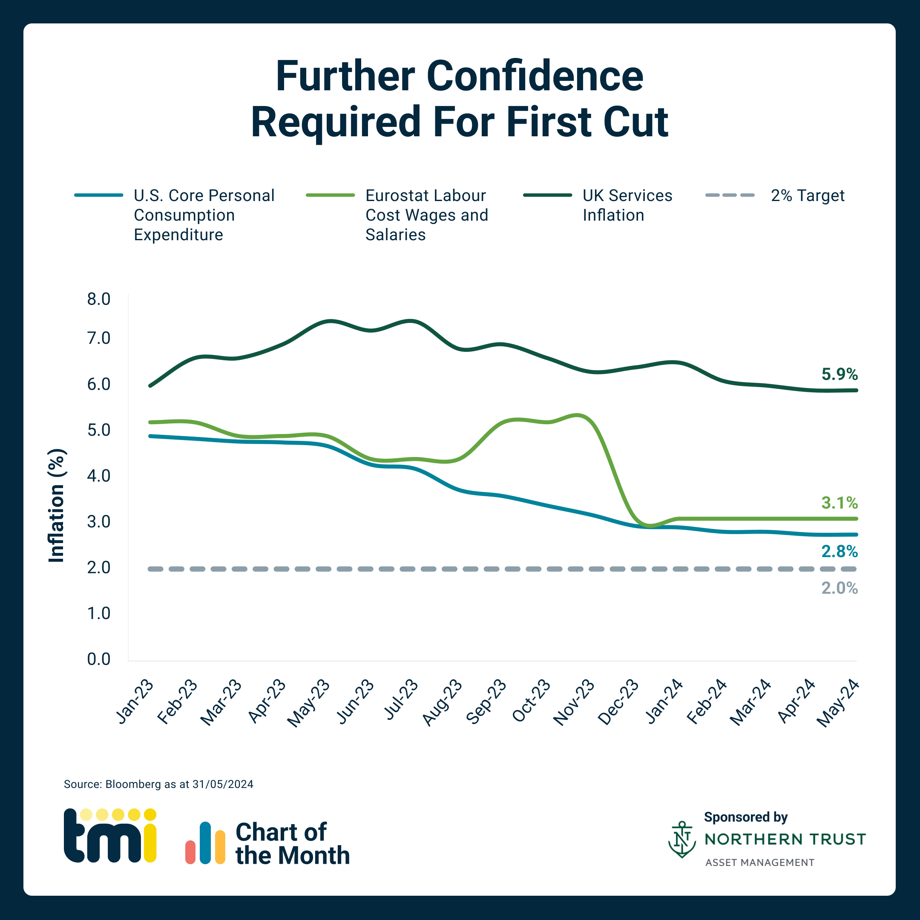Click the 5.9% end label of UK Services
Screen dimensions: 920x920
pos(839,374)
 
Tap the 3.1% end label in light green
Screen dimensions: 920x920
pos(839,503)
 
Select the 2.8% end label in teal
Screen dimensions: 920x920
pos(839,552)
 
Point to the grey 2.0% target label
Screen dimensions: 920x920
pos(839,588)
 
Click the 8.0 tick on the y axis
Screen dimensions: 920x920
pos(98,299)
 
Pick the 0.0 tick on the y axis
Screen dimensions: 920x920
pos(98,659)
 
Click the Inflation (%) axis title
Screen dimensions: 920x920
pos(57,505)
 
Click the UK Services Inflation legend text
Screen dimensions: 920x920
pos(627,205)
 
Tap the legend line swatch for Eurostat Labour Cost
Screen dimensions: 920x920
pos(331,195)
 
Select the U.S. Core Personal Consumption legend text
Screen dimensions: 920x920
pos(204,215)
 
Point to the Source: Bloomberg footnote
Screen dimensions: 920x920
pos(158,784)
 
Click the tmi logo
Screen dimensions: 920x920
pos(110,836)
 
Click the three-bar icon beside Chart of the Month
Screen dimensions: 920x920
pos(205,843)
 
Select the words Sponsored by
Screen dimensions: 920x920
pos(745,817)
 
